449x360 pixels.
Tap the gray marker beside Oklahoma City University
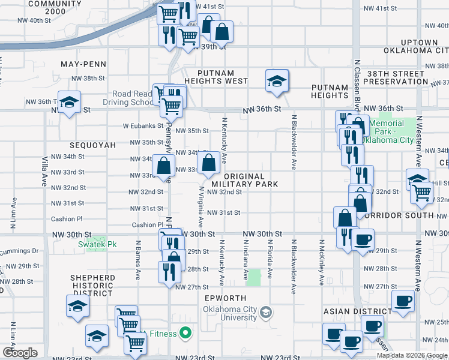(267, 313)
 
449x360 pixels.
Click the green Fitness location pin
(186, 333)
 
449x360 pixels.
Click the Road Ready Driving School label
(133, 98)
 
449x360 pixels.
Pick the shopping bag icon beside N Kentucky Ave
(208, 163)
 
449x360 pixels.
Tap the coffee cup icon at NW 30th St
(362, 239)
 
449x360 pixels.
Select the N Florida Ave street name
(270, 264)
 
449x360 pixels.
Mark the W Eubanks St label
(143, 126)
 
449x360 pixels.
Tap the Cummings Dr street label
(19, 251)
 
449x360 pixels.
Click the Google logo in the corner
(20, 353)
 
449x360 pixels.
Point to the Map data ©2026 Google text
(412, 355)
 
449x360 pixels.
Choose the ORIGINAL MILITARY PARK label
(245, 180)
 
